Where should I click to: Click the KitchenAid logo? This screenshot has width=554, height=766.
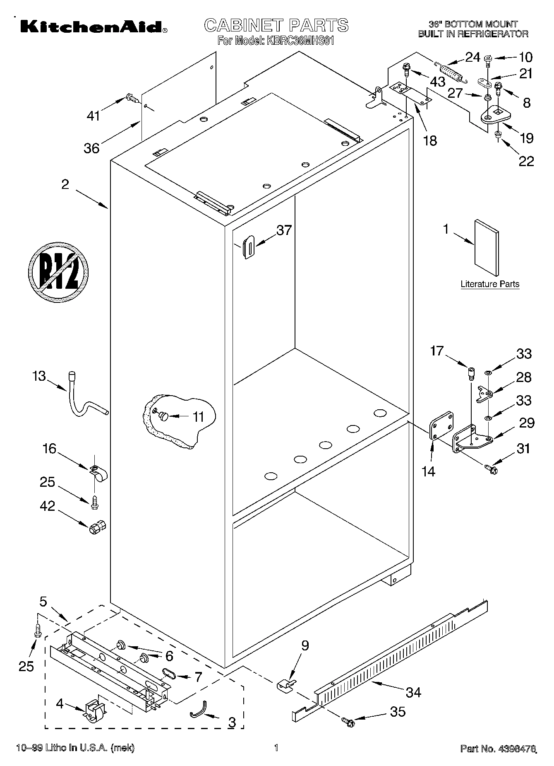pos(91,27)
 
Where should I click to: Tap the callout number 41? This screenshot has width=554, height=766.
pos(93,116)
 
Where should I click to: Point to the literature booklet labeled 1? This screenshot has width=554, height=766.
pos(487,247)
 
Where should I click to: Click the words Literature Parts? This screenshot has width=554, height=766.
pos(490,284)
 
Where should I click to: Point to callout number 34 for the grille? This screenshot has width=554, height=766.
pos(413,692)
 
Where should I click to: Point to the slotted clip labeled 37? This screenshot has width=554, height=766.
pos(248,247)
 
